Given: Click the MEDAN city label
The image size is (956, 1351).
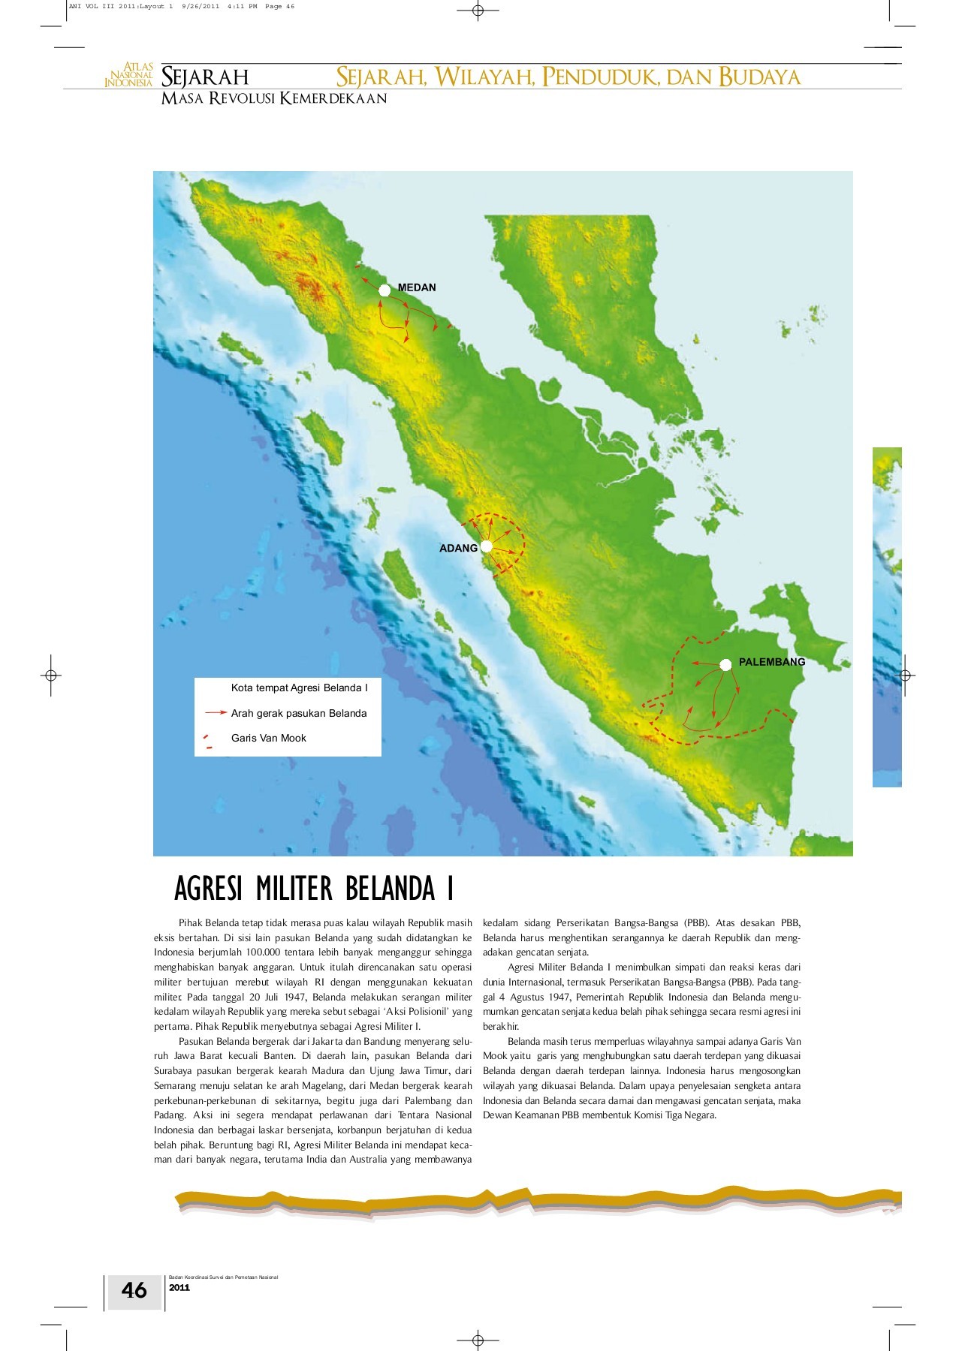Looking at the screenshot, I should pos(417,287).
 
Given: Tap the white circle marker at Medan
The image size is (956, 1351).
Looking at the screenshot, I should pos(385,290).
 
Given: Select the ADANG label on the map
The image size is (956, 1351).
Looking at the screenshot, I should pos(458,548).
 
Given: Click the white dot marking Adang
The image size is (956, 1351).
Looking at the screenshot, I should pos(486,546).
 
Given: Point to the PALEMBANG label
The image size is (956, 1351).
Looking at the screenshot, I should pos(771,662).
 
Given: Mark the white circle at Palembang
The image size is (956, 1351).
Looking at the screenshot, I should pos(725,664).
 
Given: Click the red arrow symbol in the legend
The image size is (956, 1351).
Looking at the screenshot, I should pos(216,712).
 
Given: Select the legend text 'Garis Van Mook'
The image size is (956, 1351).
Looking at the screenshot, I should pos(268,738).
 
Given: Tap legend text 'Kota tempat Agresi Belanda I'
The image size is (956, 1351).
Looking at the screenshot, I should pos(299,688).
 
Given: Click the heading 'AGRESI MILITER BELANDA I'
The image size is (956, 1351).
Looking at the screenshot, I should pos(314,889).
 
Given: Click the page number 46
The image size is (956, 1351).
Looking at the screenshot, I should pos(134,1290).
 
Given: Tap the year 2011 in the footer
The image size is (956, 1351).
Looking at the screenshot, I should pos(179,1288).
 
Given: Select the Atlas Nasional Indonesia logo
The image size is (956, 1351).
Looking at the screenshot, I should pos(129,76).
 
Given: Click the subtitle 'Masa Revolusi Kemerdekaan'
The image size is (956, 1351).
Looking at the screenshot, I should pos(274,99).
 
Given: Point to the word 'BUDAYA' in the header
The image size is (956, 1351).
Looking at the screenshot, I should pos(759,77).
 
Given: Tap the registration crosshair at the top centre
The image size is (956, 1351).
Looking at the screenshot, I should pos(478,11).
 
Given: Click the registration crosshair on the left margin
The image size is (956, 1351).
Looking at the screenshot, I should pos(51,675).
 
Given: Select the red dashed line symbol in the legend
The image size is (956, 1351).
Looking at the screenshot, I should pos(207,742).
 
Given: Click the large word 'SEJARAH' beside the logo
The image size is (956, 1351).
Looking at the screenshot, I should pos(205,77).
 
